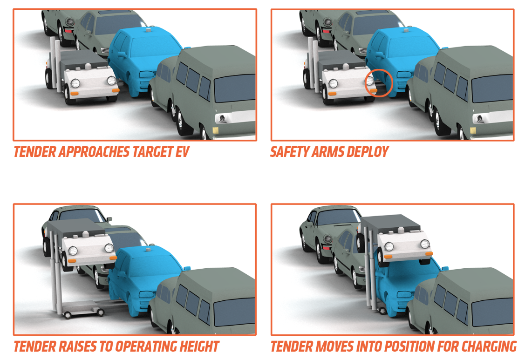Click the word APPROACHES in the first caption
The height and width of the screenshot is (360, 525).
[x=95, y=152]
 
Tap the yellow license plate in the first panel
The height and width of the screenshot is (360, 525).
[x=215, y=130]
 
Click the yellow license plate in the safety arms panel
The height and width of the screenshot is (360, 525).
[x=473, y=130]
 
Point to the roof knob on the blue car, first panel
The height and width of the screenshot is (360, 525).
[x=148, y=30]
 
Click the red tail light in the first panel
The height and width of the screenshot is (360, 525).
[x=68, y=31]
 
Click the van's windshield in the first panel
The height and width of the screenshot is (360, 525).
[x=235, y=88]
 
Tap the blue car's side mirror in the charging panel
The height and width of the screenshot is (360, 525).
[x=444, y=269]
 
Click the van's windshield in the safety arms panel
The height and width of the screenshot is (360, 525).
[x=492, y=88]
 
